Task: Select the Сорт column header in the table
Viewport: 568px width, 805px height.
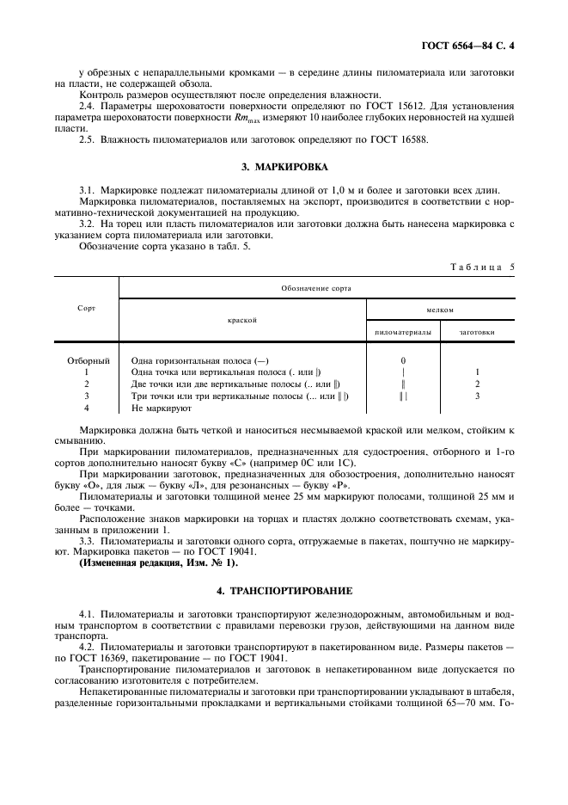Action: pos(86,307)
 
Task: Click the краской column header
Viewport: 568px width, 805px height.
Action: pos(242,319)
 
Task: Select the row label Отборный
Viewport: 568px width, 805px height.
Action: pos(89,360)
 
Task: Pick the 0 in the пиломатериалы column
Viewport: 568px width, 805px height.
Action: pos(403,360)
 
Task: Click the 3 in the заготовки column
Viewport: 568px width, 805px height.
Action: pos(477,396)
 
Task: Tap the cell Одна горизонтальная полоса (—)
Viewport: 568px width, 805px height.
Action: pos(179,360)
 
